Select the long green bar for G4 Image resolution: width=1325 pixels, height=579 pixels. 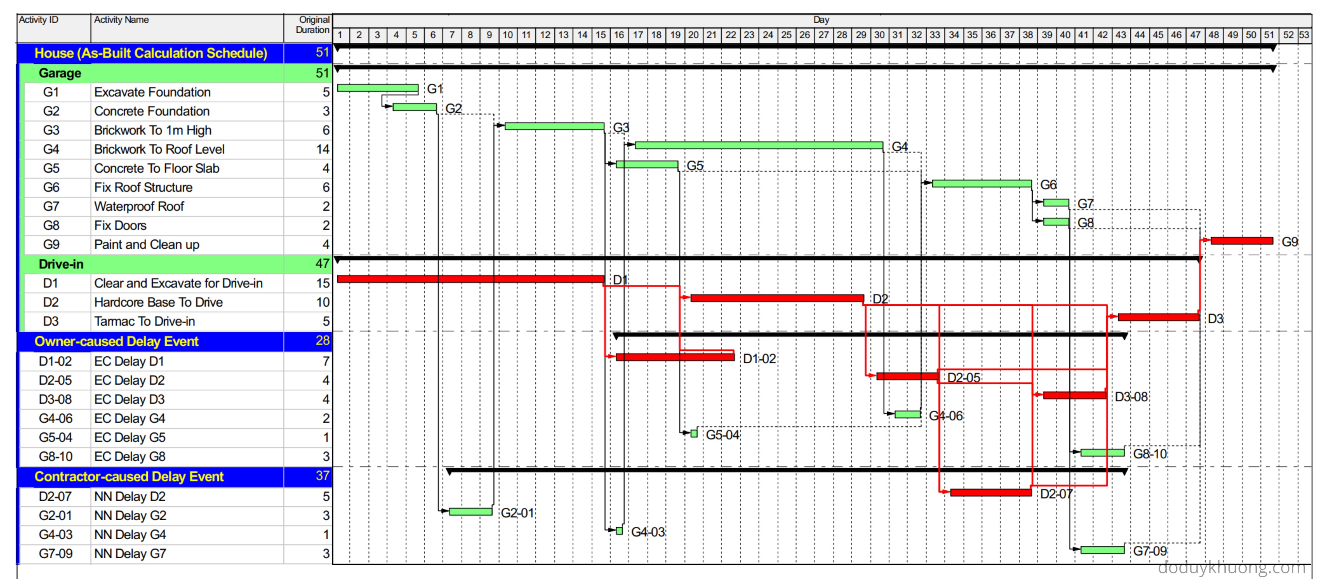759,145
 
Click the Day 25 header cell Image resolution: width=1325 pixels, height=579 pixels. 786,35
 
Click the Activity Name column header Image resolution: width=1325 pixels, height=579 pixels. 121,20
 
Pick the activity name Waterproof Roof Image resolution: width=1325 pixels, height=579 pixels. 139,207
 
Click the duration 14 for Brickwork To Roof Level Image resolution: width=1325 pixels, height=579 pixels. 323,150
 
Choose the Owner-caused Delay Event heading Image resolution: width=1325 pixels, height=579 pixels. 116,342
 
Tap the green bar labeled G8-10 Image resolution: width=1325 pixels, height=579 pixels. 1102,453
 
